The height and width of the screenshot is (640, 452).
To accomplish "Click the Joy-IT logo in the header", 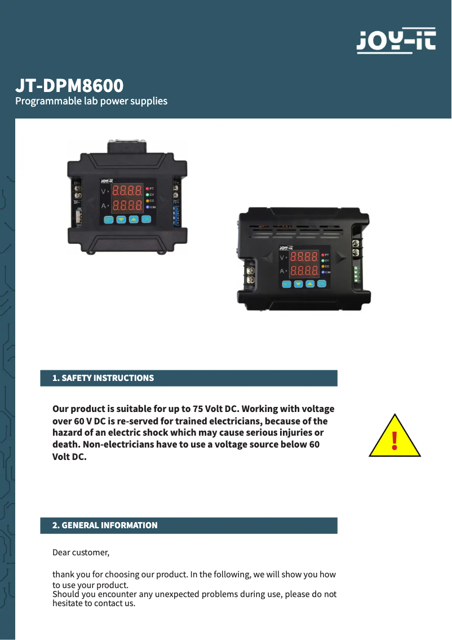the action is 396,41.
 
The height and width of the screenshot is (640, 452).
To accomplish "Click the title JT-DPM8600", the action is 69,86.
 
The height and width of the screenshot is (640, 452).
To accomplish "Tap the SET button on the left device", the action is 108,220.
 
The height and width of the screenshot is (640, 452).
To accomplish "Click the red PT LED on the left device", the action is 148,189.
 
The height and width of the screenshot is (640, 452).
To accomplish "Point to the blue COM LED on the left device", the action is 148,207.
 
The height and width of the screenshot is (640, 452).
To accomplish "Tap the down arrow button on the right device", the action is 298,284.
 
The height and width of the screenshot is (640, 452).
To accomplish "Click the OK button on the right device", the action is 322,284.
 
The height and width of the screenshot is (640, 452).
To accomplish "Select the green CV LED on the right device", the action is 323,260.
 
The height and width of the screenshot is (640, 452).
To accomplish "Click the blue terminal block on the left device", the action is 176,216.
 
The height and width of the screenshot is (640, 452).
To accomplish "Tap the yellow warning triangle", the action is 395,436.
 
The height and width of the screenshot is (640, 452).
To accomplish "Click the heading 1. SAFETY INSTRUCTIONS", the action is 103,378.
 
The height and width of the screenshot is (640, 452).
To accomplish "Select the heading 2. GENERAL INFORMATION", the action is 105,525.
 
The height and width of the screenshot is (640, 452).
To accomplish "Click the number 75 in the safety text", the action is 198,409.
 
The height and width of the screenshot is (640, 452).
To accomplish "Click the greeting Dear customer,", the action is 81,553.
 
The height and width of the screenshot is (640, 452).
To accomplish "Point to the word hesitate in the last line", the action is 68,603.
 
